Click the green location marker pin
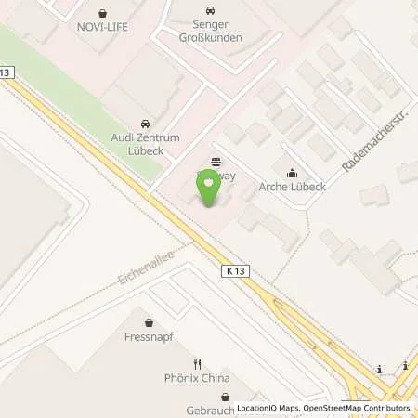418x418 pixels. point(208,190)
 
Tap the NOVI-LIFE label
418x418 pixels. point(103,27)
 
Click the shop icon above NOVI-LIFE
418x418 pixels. point(103,13)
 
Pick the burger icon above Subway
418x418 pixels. point(216,160)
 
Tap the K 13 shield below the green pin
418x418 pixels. point(235,270)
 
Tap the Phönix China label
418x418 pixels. point(197,378)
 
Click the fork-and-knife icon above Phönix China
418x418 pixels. point(197,363)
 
